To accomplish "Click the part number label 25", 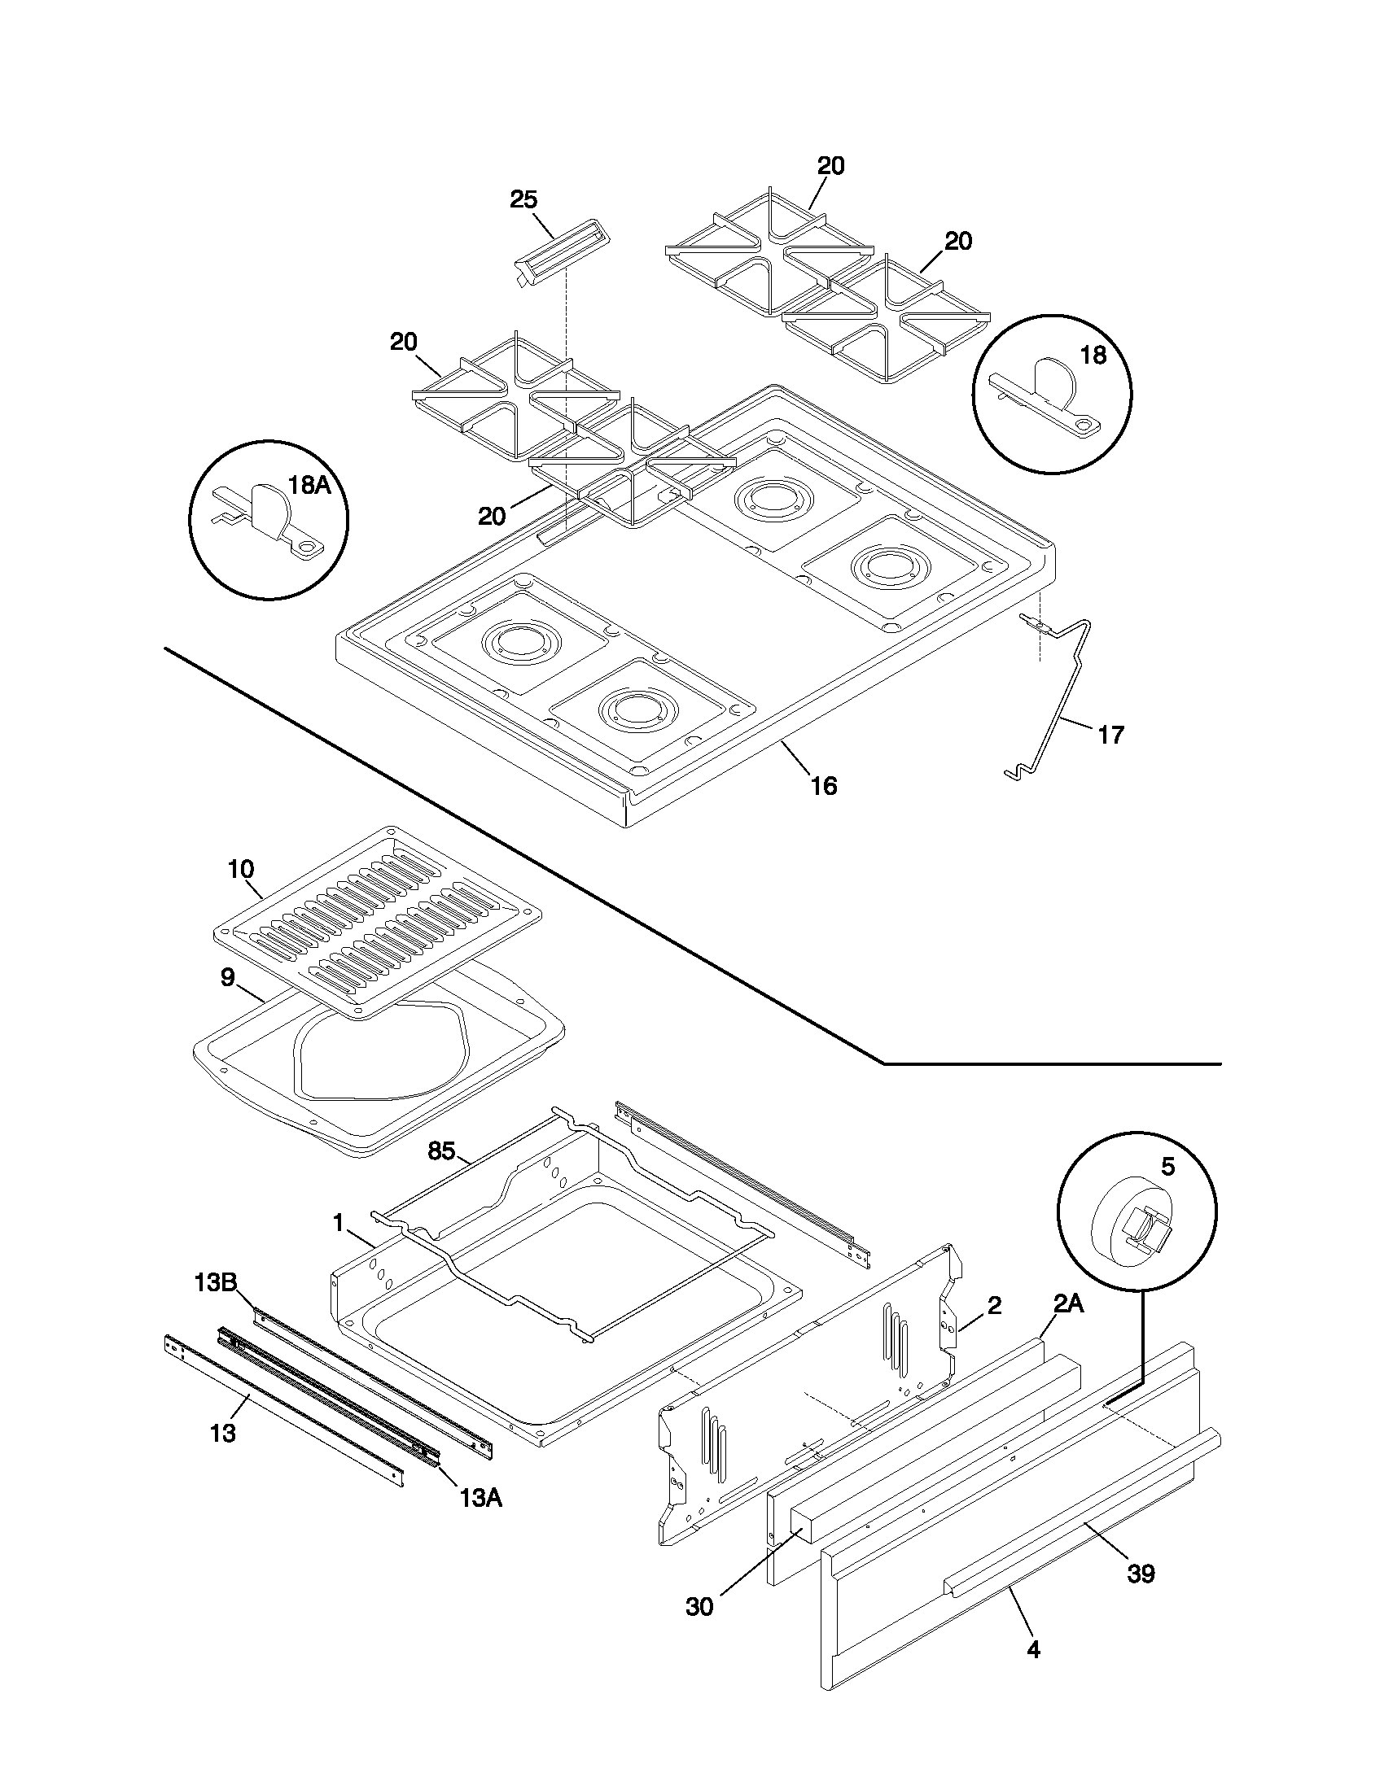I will point(523,199).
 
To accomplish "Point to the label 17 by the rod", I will point(1110,735).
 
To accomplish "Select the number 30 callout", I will point(699,1607).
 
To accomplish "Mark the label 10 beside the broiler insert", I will point(241,868).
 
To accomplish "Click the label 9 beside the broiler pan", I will point(228,976).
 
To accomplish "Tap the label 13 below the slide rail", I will point(222,1434).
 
